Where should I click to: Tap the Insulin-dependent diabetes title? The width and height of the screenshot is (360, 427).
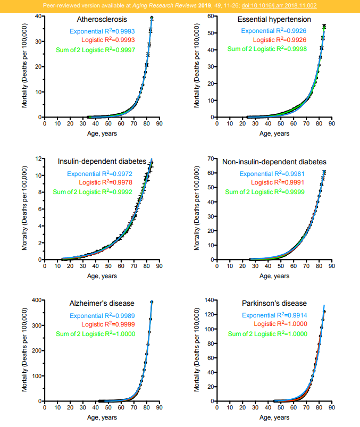tap(101, 162)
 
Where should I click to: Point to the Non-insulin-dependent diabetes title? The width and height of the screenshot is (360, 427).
tap(274, 162)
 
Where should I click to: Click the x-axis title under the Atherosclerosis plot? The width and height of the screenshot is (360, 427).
tap(102, 133)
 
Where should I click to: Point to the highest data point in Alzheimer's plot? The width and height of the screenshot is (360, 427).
tap(152, 302)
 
